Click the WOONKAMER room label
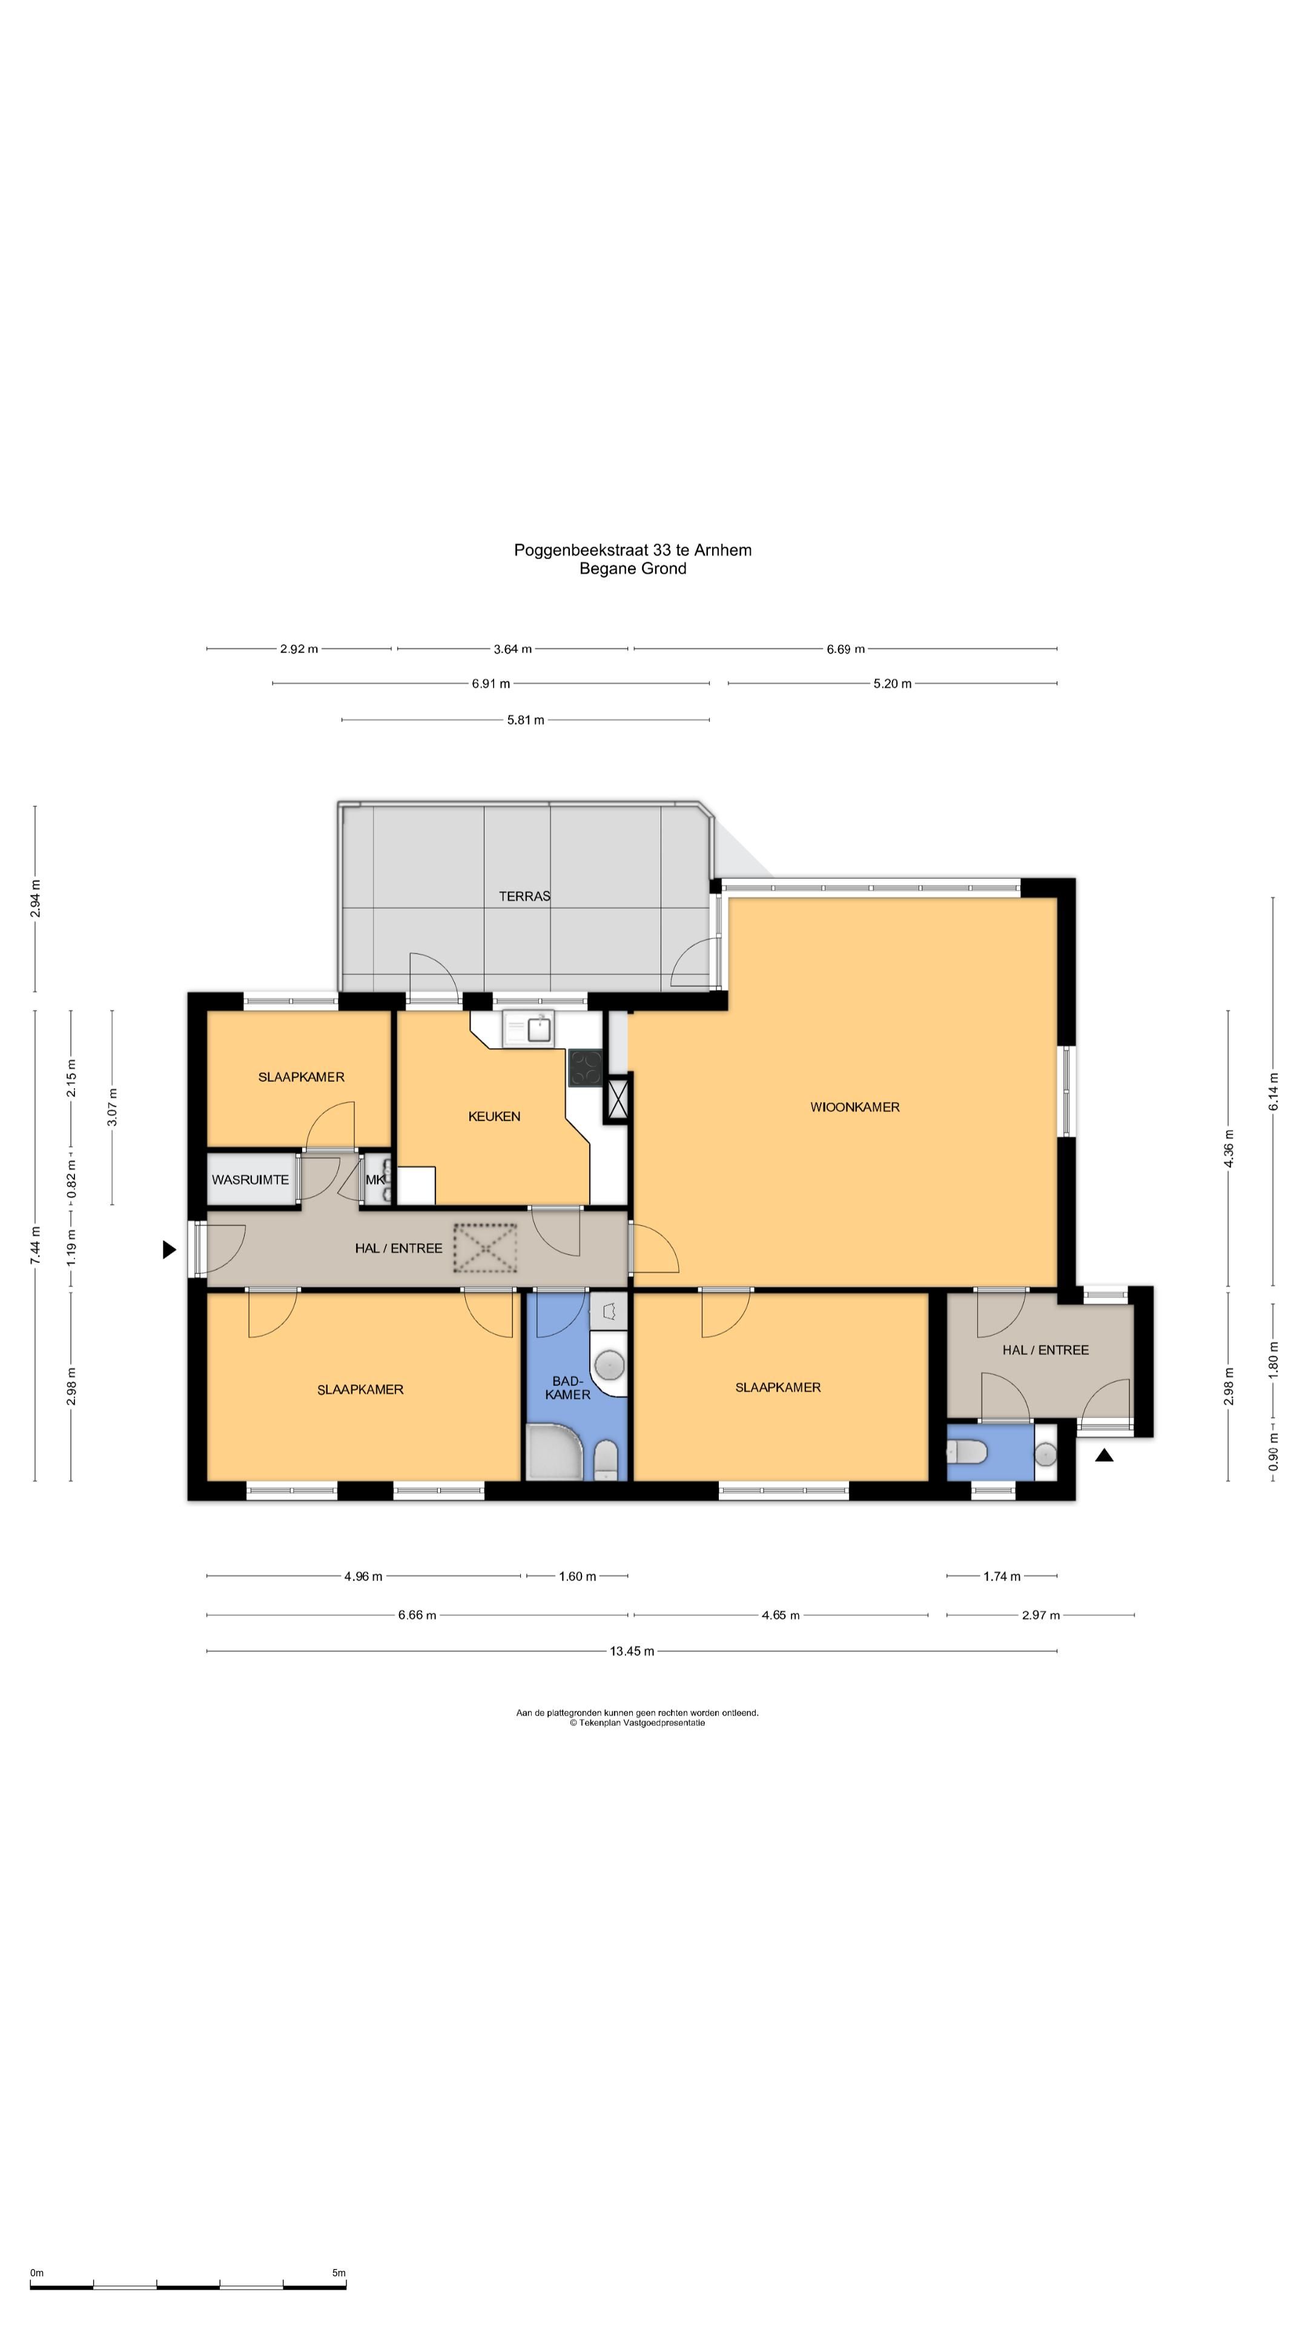(854, 1107)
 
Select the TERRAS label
(524, 896)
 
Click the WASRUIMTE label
(250, 1180)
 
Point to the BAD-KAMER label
(568, 1388)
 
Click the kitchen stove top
(585, 1068)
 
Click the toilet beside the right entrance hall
(966, 1452)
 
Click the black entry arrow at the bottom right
(1104, 1454)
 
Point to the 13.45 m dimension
(632, 1651)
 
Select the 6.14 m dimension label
(1273, 1092)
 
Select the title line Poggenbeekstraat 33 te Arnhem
(633, 550)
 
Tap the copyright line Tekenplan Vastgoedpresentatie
(637, 1722)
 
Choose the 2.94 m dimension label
(35, 898)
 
